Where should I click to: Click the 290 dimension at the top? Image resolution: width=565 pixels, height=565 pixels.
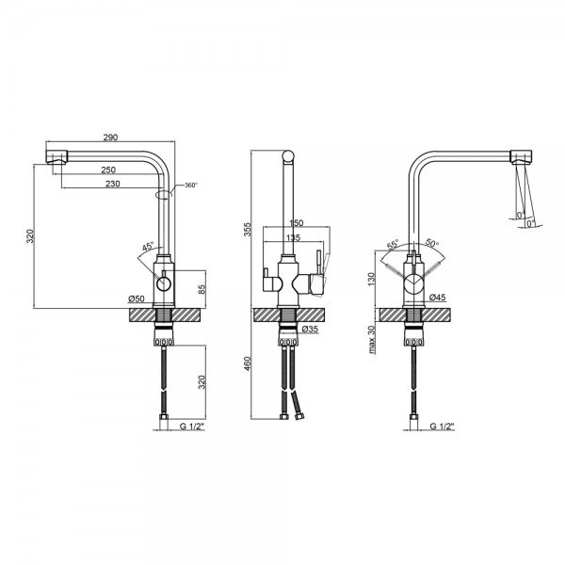pyautogui.click(x=110, y=137)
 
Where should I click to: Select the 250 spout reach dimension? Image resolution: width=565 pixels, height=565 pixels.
pyautogui.click(x=108, y=169)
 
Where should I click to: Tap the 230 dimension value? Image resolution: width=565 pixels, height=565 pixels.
pyautogui.click(x=113, y=184)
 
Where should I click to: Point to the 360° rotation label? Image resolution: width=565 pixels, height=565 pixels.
pyautogui.click(x=191, y=186)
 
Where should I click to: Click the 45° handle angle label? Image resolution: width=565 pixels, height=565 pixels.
pyautogui.click(x=148, y=247)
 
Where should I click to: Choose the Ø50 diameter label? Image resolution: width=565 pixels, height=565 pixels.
pyautogui.click(x=137, y=299)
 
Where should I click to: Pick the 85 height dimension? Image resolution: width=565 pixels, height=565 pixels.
pyautogui.click(x=202, y=289)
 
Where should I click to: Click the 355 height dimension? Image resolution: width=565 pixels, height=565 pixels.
pyautogui.click(x=248, y=230)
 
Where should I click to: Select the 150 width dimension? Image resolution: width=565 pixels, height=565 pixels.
pyautogui.click(x=297, y=223)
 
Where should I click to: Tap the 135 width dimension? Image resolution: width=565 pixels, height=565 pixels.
pyautogui.click(x=293, y=238)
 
